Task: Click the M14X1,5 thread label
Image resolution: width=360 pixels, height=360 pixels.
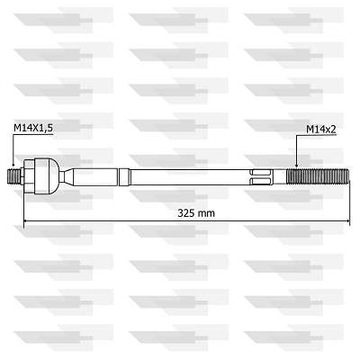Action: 33,128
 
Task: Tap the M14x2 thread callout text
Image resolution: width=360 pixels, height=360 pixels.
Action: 321,130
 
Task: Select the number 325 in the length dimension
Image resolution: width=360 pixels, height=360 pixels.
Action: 186,213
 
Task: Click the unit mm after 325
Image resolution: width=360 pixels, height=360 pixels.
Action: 207,214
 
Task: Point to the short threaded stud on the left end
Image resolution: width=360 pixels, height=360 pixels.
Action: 13,177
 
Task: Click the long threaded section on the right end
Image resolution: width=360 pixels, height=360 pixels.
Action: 318,177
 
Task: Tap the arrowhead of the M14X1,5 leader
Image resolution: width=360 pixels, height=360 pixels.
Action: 13,164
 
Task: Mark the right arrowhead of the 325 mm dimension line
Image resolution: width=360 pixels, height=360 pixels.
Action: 347,221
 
